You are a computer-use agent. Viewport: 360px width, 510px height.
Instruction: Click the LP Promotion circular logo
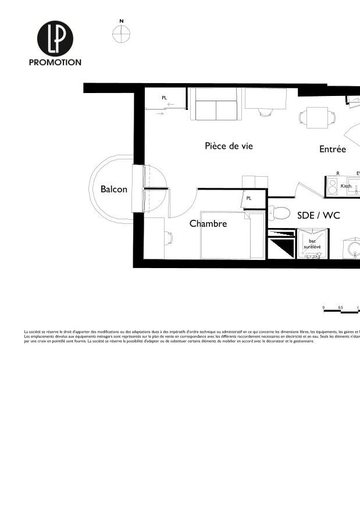coord(55,38)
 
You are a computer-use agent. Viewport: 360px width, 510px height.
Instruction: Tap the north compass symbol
coord(121,34)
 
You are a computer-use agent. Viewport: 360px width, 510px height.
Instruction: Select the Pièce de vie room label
coord(229,146)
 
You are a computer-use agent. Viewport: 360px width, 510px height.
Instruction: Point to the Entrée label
coord(333,149)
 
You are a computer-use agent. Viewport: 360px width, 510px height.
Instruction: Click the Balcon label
coord(113,189)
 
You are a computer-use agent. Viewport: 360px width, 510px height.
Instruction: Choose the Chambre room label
coord(208,223)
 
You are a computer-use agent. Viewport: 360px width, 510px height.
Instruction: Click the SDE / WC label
coord(318,215)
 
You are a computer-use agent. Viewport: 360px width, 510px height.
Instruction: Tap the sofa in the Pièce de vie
coord(216,105)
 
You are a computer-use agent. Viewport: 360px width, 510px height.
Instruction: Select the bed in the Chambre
coord(233,236)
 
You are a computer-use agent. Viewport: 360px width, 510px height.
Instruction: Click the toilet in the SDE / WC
coord(279,213)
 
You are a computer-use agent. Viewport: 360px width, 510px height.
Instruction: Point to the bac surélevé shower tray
coord(311,244)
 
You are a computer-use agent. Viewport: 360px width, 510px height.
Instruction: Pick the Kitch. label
coord(346,186)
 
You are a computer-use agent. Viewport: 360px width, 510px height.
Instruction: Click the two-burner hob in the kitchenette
coord(333,187)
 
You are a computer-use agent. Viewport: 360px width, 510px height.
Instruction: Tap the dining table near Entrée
coord(317,118)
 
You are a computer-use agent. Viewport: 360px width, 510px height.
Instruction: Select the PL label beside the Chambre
coord(249,198)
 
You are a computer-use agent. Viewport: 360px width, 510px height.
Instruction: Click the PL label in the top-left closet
coord(165,98)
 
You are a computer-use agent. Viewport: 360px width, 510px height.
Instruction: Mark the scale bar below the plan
coord(341,311)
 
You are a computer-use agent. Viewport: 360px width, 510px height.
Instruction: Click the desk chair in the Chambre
coord(168,237)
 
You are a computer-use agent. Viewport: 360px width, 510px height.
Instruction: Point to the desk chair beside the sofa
coord(265,112)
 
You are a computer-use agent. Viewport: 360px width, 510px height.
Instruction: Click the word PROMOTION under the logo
coord(55,62)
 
